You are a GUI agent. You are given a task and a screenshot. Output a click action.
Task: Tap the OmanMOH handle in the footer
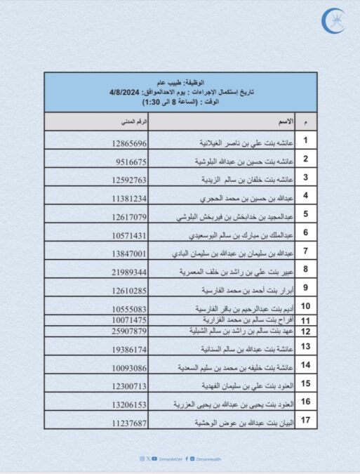coord(171,459)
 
